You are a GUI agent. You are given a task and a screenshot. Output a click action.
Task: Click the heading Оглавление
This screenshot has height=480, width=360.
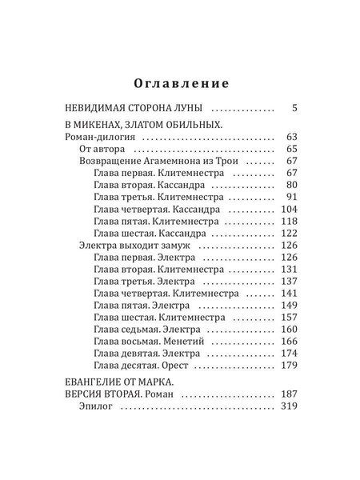[180, 82]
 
